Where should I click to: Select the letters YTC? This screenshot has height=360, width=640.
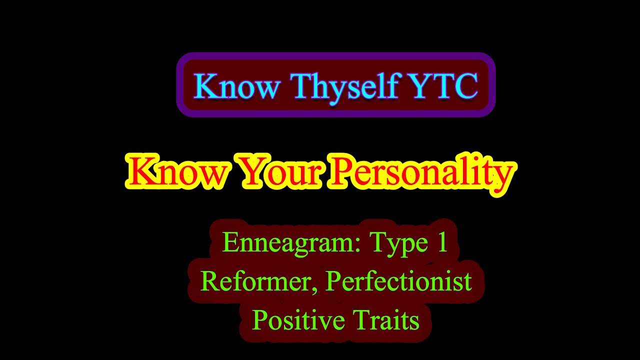point(442,86)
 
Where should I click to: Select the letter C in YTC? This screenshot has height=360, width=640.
point(465,86)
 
